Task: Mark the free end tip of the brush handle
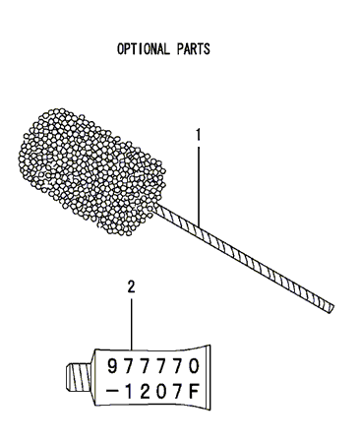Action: tap(332, 307)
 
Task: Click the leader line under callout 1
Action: tap(198, 177)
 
